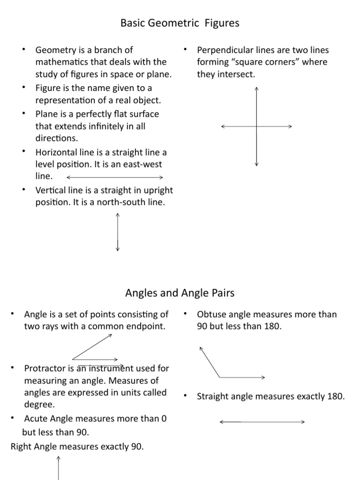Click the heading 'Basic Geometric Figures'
(x=180, y=23)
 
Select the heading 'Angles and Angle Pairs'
(x=180, y=293)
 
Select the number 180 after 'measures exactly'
(x=335, y=397)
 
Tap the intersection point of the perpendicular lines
(x=256, y=127)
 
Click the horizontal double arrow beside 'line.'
(x=115, y=177)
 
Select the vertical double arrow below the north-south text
(x=117, y=232)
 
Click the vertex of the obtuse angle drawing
(x=220, y=377)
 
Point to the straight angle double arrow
(x=262, y=422)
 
